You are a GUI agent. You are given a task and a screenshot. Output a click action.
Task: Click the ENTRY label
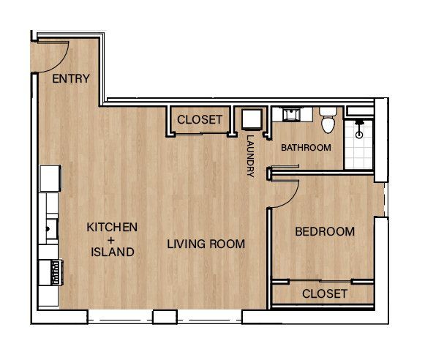tap(72, 79)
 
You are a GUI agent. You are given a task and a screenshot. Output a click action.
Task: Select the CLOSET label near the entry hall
tap(200, 120)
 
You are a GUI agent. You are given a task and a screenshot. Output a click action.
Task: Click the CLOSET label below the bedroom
tap(324, 293)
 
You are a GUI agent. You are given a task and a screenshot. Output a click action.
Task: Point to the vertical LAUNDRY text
tap(250, 156)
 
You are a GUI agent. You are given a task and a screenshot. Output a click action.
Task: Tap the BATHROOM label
tap(306, 148)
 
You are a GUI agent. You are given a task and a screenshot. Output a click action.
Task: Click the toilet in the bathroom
tap(328, 121)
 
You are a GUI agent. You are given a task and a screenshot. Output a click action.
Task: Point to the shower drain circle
tap(358, 135)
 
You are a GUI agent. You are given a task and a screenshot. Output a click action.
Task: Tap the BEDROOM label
tap(324, 232)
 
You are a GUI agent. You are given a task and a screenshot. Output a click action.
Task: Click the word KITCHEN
tap(112, 228)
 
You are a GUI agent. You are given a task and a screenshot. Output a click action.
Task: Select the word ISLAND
tap(112, 252)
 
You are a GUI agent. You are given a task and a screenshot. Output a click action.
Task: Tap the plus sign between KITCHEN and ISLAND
tap(112, 240)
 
